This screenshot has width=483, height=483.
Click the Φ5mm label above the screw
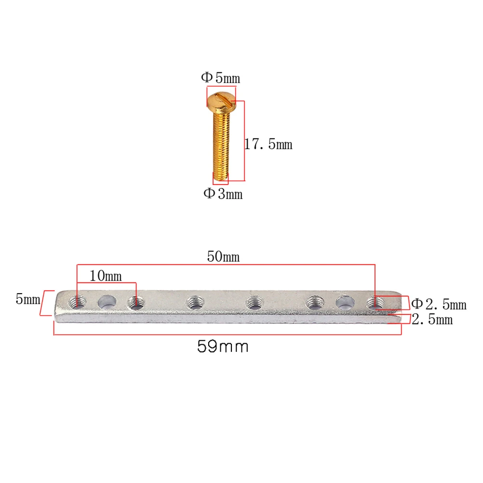tap(220, 78)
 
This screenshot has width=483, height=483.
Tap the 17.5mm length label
tap(268, 144)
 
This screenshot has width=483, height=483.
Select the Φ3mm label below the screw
tap(222, 194)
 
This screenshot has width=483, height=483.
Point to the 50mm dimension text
tap(223, 257)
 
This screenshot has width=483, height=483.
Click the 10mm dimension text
tap(106, 276)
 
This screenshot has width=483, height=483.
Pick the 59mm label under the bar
tap(223, 346)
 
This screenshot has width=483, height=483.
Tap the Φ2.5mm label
tap(438, 304)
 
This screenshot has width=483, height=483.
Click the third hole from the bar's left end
tap(136, 303)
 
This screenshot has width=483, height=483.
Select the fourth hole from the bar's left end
tap(195, 303)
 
